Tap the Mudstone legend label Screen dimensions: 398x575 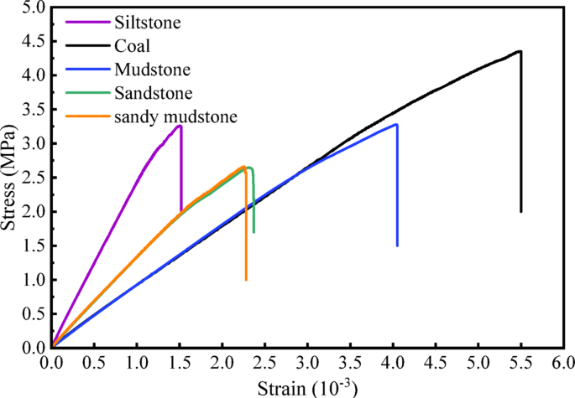pyautogui.click(x=146, y=70)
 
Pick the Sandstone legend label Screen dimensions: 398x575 pyautogui.click(x=148, y=93)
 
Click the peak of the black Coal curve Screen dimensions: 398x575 pyautogui.click(x=520, y=51)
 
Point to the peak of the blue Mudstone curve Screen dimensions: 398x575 pyautogui.click(x=395, y=124)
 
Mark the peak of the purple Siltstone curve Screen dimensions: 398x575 pyautogui.click(x=180, y=126)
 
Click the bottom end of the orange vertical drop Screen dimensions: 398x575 pyautogui.click(x=246, y=280)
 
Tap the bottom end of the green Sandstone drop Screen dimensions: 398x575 pyautogui.click(x=254, y=232)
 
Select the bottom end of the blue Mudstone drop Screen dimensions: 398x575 pyautogui.click(x=396, y=246)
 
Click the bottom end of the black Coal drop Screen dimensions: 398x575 pyautogui.click(x=521, y=211)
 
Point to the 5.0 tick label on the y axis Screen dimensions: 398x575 pyautogui.click(x=31, y=8)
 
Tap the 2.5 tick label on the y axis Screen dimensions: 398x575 pyautogui.click(x=31, y=178)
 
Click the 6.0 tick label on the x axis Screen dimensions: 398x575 pyautogui.click(x=563, y=363)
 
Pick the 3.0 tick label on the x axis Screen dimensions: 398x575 pyautogui.click(x=307, y=363)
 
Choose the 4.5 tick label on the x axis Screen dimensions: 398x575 pyautogui.click(x=435, y=363)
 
